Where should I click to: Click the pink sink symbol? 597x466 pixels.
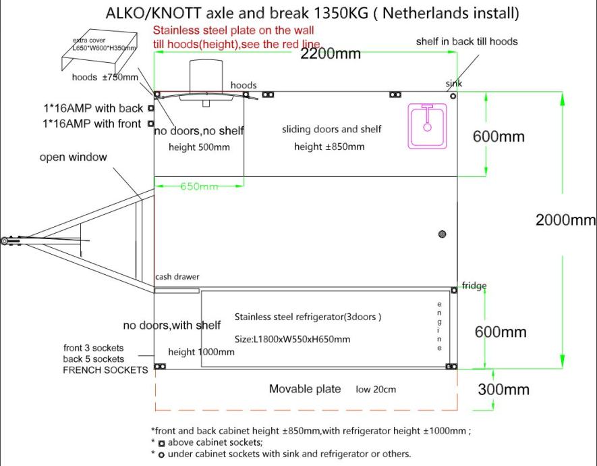428,126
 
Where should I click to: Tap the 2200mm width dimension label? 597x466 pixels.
331,54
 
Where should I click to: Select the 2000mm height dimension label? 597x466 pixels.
565,220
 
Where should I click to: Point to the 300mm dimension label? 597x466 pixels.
503,390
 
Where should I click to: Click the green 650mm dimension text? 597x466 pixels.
199,186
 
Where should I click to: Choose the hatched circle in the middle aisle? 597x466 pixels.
442,234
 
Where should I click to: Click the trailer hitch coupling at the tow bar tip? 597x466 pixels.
5,240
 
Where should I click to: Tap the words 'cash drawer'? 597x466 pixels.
177,277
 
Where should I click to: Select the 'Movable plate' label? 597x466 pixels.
300,389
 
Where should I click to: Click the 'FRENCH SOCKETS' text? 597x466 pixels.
105,370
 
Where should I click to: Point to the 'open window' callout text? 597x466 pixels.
73,157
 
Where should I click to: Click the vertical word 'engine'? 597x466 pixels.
440,326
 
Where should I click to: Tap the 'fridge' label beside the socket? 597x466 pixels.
474,286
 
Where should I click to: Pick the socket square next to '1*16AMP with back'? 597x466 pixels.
150,108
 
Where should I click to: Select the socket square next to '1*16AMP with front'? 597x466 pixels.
150,124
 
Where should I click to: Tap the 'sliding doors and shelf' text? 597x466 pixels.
331,130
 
